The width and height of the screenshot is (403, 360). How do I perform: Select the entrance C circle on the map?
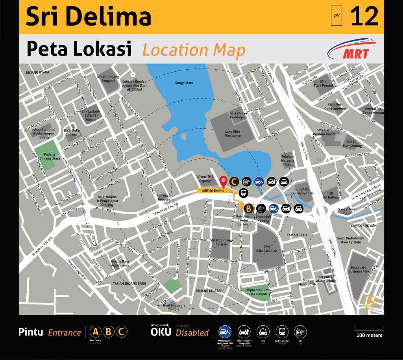tap(234, 182)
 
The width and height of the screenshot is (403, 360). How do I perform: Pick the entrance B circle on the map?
tap(248, 208)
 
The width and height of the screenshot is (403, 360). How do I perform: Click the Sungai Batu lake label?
tap(184, 83)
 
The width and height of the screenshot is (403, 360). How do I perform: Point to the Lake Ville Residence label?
tap(233, 134)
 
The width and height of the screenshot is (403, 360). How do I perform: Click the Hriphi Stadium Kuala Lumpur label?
tap(257, 292)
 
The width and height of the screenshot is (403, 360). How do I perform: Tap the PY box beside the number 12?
tap(336, 16)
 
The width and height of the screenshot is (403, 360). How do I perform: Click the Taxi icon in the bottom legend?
tap(263, 332)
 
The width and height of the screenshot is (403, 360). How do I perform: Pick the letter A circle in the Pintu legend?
tap(95, 332)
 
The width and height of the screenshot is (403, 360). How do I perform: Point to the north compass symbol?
tap(370, 301)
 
